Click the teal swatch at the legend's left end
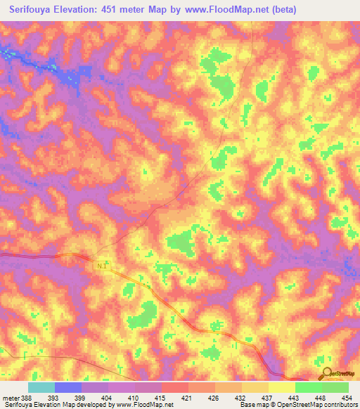(x=41, y=387)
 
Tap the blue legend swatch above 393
(x=68, y=387)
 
